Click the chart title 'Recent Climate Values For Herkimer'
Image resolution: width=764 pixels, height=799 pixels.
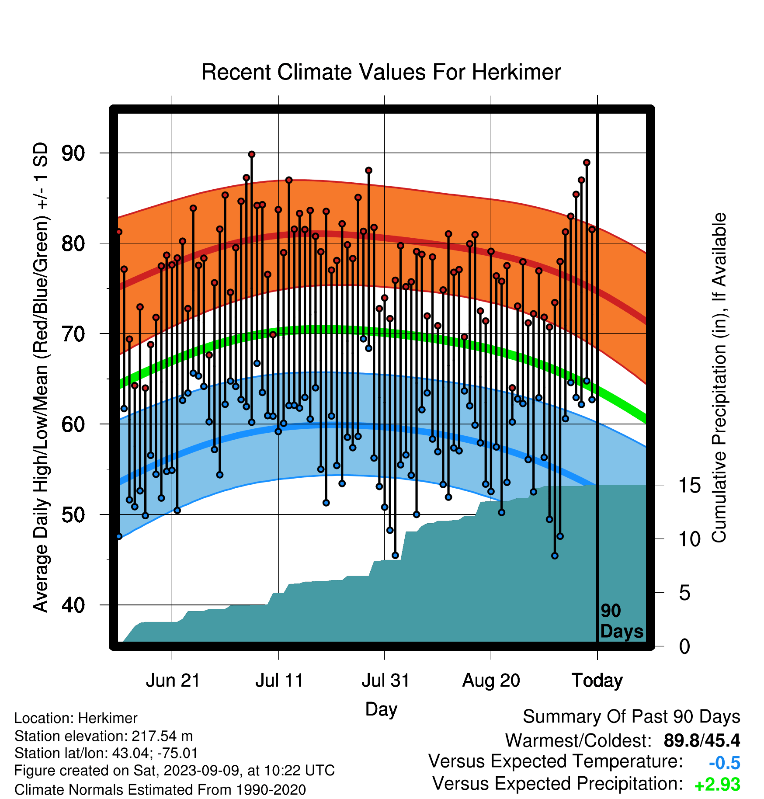(381, 72)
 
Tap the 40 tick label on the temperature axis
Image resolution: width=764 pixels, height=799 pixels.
(73, 605)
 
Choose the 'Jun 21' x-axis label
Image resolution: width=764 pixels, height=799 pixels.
(173, 681)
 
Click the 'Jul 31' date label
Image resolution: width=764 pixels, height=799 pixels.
(385, 681)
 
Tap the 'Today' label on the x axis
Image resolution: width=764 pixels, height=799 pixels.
(597, 681)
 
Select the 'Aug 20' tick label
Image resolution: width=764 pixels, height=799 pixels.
(491, 681)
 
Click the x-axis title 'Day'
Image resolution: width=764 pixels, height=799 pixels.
(381, 709)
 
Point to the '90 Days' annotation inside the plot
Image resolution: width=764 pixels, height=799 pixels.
(622, 621)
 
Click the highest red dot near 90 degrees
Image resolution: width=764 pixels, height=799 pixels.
(252, 154)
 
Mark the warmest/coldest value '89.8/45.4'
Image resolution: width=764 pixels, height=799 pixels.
(701, 740)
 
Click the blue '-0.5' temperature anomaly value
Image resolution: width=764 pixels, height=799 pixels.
(724, 763)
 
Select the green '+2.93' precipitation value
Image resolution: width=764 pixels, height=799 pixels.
(717, 785)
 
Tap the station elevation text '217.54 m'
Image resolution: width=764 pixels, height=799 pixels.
(162, 736)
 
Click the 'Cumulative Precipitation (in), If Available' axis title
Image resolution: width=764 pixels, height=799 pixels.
(719, 378)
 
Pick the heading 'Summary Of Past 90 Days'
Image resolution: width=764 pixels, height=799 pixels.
(632, 717)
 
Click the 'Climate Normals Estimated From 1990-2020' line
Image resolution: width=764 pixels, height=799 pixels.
(160, 790)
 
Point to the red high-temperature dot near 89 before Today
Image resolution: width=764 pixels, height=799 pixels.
(587, 163)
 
